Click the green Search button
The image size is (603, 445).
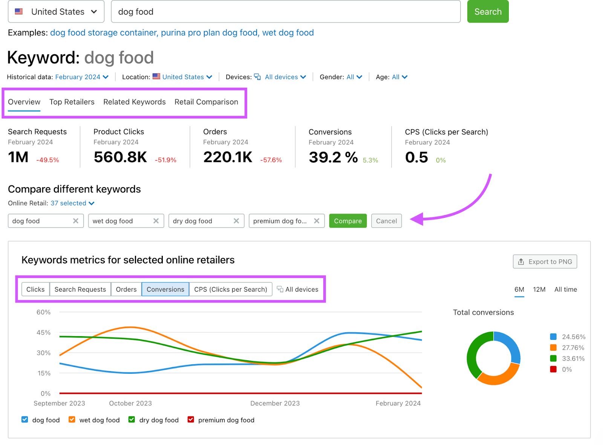(488, 12)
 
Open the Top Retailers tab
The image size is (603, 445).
(72, 102)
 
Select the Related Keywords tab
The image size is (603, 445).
(134, 102)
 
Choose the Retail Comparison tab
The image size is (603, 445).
(206, 102)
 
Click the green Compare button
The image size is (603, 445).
(347, 221)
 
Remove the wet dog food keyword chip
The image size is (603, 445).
(156, 221)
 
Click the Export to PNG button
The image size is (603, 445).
(545, 261)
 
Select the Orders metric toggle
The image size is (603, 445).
(126, 289)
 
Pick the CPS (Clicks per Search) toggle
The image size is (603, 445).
(230, 289)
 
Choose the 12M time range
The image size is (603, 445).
(539, 289)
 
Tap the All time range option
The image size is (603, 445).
(565, 289)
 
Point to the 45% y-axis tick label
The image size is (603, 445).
(44, 332)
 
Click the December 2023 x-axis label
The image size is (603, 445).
(275, 403)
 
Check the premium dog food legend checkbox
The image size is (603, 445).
(191, 420)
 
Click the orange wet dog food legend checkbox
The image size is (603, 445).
(72, 420)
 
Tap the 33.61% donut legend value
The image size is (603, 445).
(573, 358)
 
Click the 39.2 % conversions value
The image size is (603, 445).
(333, 157)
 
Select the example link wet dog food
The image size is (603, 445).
(288, 33)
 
